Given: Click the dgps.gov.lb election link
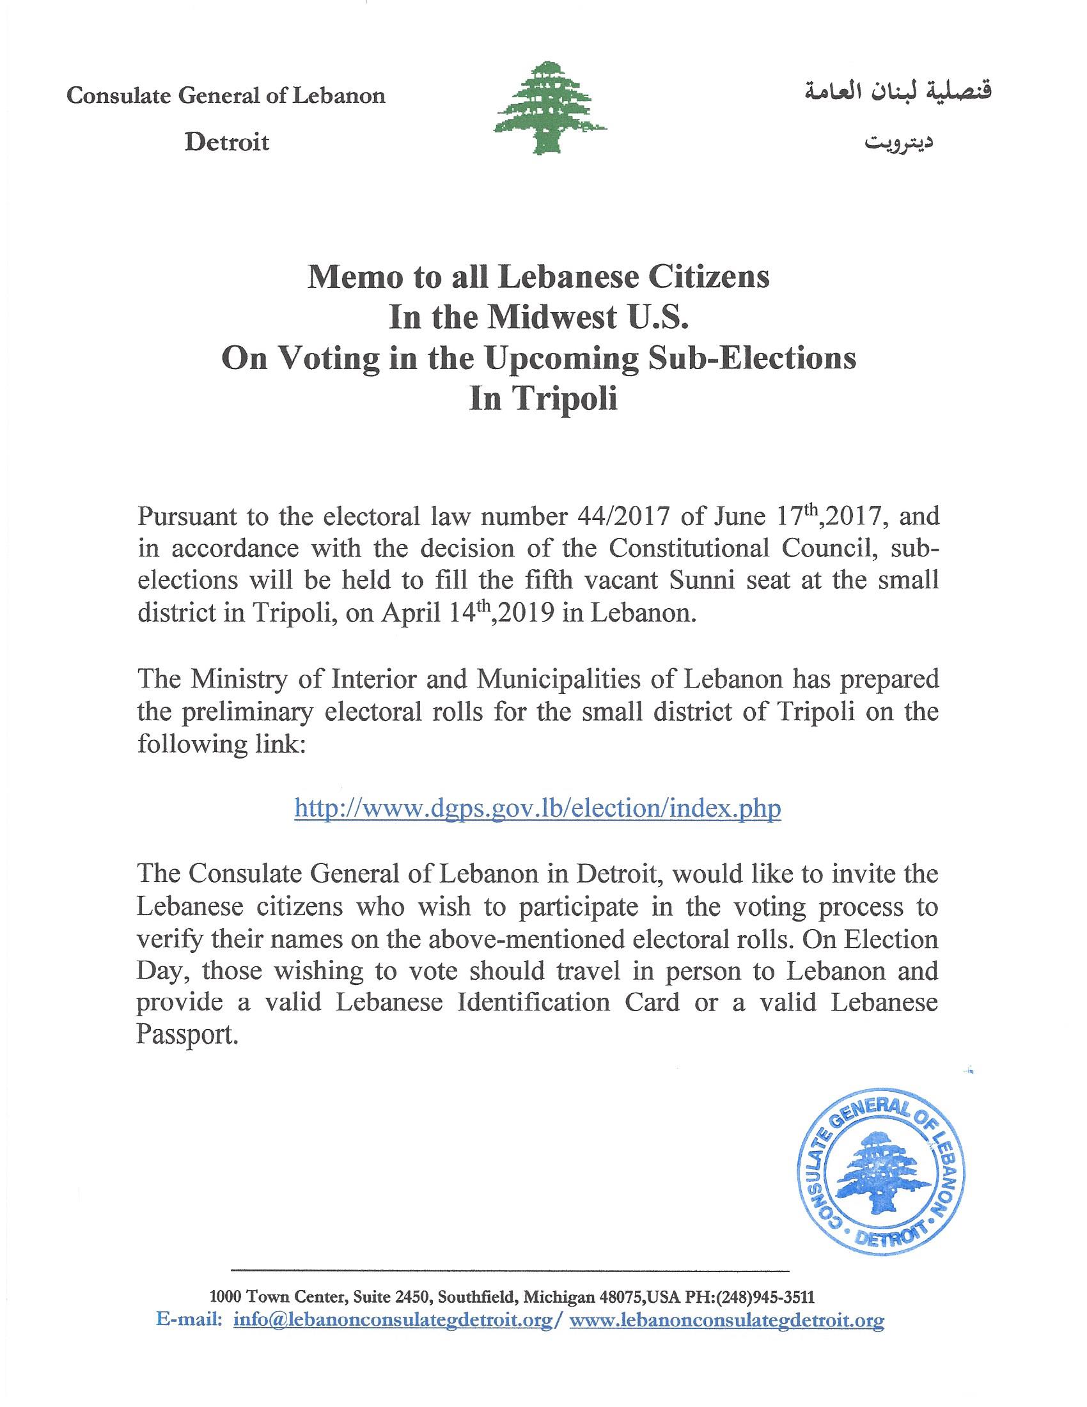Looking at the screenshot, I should point(538,808).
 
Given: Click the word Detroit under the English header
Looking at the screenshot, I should point(227,142).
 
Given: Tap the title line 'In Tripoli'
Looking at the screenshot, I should point(543,400).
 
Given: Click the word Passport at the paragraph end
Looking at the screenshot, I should point(183,1035).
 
